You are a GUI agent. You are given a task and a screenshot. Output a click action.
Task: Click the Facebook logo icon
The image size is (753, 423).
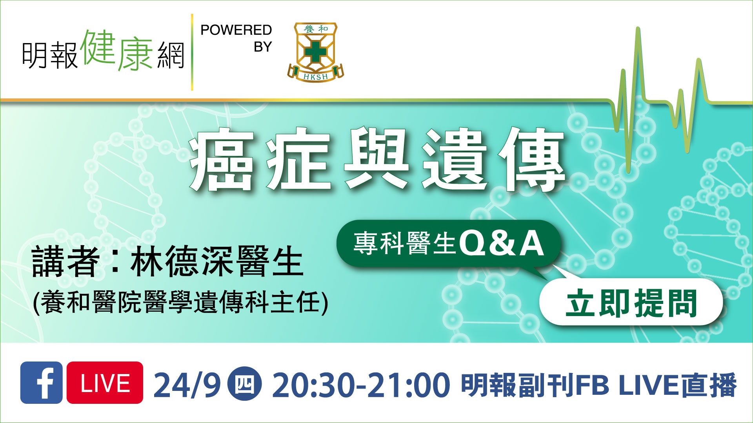point(41,382)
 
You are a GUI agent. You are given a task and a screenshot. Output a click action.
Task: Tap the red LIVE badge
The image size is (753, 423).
point(105,382)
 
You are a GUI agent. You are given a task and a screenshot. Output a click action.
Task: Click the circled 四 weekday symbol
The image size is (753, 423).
point(245,383)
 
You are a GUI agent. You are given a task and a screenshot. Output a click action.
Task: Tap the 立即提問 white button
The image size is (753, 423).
point(631,302)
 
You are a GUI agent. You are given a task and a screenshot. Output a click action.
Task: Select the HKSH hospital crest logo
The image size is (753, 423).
point(315,52)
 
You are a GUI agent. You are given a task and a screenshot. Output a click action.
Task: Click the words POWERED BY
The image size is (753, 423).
point(236,38)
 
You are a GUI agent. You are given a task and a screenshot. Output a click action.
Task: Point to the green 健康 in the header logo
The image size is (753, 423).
point(116,50)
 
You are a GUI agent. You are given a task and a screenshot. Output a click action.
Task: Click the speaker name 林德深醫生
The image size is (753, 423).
point(217,261)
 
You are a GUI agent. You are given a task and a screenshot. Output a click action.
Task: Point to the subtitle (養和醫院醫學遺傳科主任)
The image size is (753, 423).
point(181,302)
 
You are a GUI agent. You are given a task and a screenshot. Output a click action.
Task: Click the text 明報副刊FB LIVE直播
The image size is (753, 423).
point(599,385)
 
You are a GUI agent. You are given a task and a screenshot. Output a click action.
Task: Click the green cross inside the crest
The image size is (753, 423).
point(315,52)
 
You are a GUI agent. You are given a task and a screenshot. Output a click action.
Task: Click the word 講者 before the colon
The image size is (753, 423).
point(65,261)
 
